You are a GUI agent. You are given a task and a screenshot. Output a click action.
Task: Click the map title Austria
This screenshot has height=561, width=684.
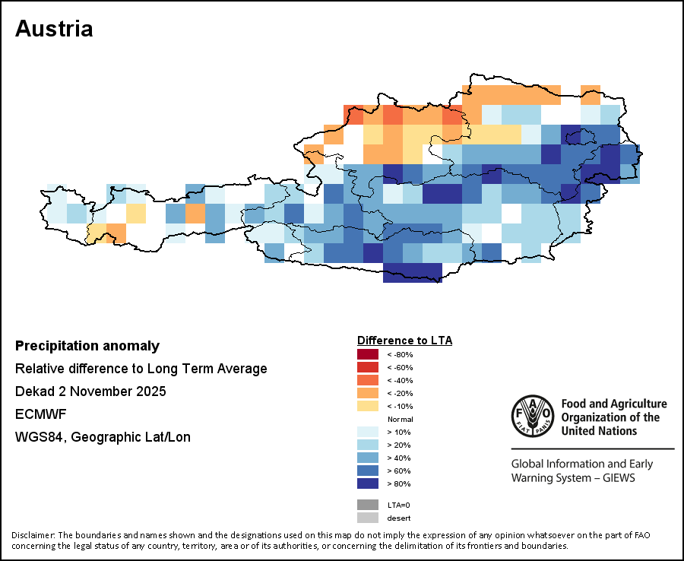(54, 29)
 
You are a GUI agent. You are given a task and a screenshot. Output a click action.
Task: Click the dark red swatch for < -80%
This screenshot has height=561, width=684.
(368, 355)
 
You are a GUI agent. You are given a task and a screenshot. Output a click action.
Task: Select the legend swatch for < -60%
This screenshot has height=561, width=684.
(368, 368)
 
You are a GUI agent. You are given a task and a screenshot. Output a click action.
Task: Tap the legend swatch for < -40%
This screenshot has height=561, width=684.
(368, 380)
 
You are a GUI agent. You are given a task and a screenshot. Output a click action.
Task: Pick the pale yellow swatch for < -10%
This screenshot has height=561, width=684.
(368, 406)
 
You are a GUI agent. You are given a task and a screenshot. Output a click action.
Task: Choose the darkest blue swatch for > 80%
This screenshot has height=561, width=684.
(368, 483)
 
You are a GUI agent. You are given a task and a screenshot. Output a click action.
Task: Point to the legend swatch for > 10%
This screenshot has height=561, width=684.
(368, 432)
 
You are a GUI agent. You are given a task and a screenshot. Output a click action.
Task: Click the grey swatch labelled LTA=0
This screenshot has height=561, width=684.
(368, 505)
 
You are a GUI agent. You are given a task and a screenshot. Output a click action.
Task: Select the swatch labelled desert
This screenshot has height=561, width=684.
(368, 518)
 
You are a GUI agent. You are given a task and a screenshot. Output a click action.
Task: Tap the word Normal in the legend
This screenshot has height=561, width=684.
(400, 419)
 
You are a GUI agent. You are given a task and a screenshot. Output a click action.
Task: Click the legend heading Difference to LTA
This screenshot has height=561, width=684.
(404, 340)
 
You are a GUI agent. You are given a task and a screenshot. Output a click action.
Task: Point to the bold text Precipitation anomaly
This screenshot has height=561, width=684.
(87, 346)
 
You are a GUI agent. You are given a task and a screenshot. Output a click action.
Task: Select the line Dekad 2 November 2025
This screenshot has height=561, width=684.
(90, 391)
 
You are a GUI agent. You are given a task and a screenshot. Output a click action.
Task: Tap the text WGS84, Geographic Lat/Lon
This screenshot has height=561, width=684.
(103, 437)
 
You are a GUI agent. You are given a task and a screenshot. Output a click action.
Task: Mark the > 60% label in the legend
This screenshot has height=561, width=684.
(399, 471)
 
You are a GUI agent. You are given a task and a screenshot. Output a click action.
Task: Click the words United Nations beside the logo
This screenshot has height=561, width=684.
(599, 430)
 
